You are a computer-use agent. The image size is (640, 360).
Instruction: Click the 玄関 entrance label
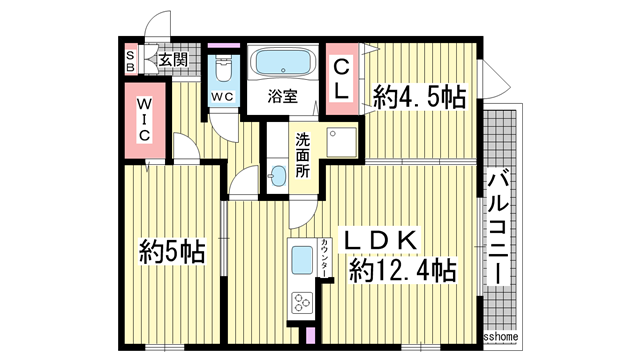(173, 60)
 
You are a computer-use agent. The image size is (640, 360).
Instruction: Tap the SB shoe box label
(131, 60)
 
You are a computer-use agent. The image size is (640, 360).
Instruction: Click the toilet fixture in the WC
(222, 69)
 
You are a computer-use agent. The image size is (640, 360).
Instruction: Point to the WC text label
(221, 97)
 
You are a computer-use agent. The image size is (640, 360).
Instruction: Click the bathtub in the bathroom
(281, 63)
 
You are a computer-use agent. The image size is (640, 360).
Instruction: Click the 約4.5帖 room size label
(419, 97)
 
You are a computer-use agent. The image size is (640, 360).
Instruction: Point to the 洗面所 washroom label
(302, 155)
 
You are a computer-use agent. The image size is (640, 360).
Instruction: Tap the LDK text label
(388, 239)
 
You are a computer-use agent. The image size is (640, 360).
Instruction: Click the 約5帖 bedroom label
(171, 250)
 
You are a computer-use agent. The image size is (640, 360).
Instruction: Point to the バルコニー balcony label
(499, 228)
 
